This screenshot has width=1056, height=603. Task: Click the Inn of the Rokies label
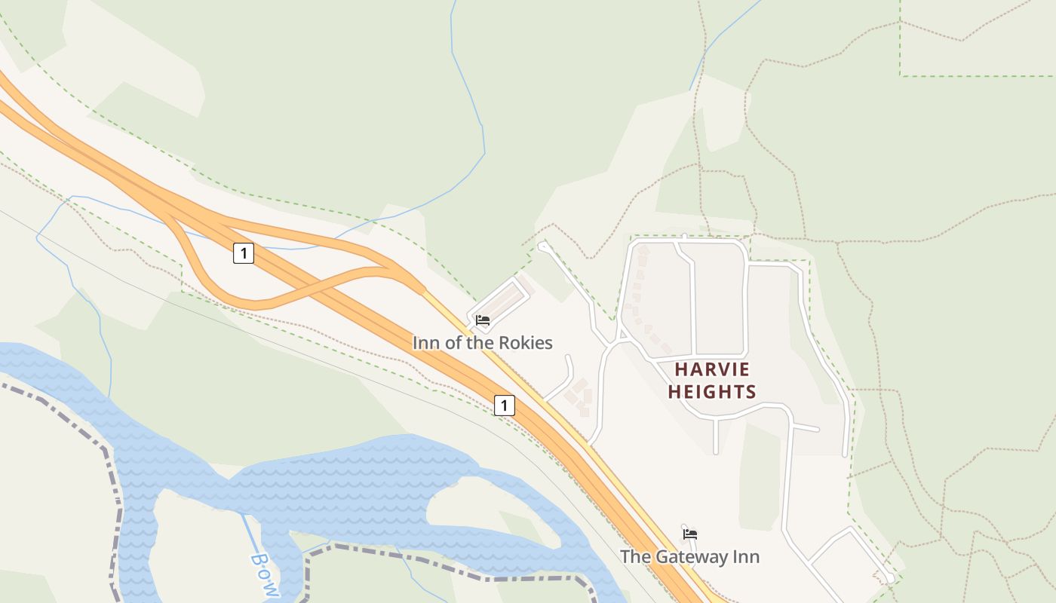point(482,343)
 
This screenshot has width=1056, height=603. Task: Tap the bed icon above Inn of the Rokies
point(483,320)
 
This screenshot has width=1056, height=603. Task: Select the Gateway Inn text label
point(689,557)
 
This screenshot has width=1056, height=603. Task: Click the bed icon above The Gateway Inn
point(689,534)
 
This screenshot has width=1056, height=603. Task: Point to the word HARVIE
point(712,369)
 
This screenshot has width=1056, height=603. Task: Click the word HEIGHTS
point(712,392)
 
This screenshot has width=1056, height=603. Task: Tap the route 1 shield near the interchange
point(243,253)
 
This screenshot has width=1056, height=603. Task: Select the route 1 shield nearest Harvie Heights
point(504,406)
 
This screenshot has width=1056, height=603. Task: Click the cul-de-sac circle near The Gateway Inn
point(890,578)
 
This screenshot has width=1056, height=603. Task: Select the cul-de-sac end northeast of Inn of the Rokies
point(542,246)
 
